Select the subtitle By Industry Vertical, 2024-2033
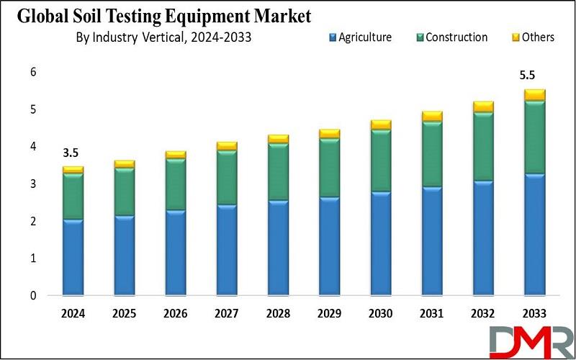click(163, 37)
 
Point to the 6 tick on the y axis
click(33, 72)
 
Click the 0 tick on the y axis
click(33, 295)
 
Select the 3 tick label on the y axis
click(33, 184)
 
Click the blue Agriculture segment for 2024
click(73, 257)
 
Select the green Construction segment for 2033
click(534, 138)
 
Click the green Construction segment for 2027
click(227, 177)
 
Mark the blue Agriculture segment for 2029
click(329, 246)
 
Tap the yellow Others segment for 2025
click(124, 164)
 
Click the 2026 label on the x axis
click(175, 314)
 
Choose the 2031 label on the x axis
click(431, 314)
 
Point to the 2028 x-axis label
click(278, 314)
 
